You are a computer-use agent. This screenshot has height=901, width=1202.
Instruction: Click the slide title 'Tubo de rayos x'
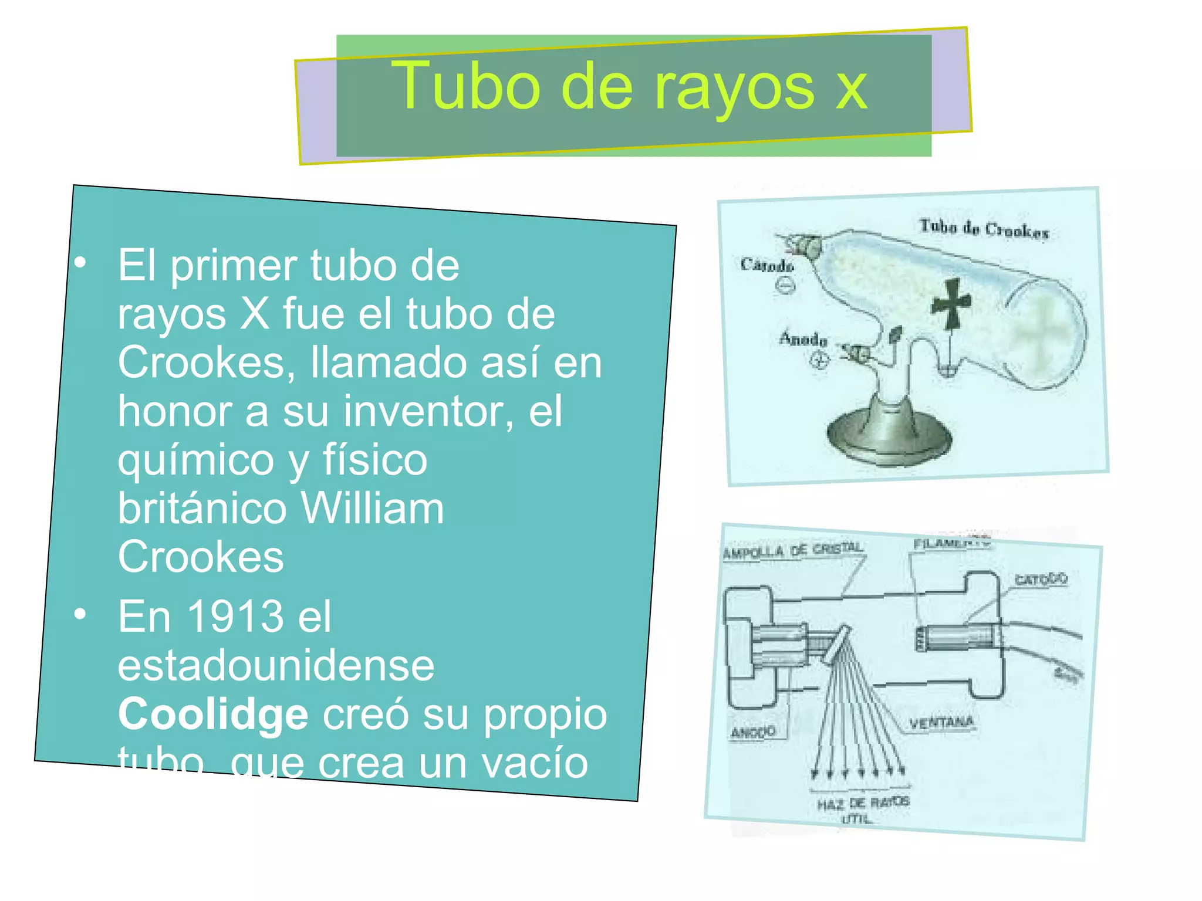629,87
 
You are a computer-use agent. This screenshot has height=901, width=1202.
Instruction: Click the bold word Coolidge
213,714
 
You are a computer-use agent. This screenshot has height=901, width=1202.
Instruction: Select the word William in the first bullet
372,508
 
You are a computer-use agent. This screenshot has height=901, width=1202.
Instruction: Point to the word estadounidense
276,666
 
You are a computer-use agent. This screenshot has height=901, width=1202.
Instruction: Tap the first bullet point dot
80,263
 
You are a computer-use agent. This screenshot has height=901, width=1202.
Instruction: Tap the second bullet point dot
80,614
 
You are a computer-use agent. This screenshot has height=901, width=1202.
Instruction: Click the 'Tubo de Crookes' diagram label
984,229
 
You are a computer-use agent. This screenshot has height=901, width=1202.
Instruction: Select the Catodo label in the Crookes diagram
767,265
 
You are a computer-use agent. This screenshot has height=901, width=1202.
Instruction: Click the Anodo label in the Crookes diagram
803,339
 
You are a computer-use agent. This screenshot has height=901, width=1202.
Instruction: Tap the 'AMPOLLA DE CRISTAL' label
793,550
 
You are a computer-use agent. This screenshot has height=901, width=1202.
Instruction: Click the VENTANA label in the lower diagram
941,722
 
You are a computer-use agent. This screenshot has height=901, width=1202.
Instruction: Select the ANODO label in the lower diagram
753,732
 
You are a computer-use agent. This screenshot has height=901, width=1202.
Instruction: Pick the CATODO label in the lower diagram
1041,580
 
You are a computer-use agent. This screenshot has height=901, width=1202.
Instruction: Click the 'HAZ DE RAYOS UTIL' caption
862,809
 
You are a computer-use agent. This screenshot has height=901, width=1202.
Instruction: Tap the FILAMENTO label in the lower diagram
951,543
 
